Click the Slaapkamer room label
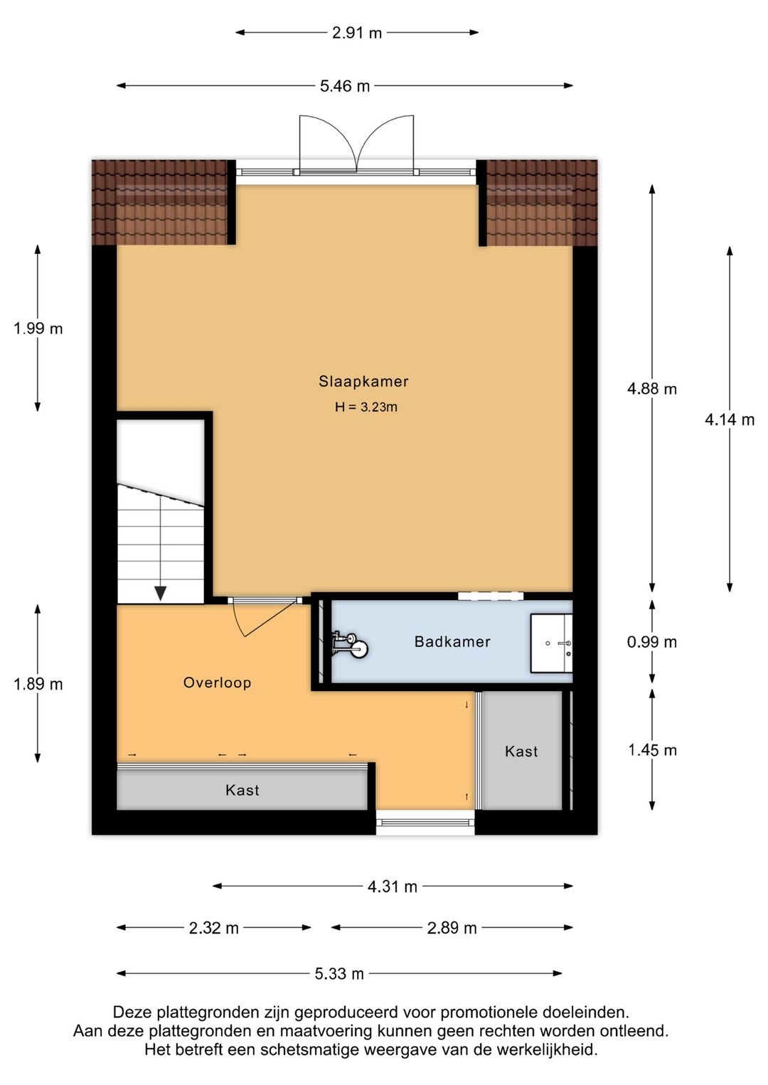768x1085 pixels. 363,382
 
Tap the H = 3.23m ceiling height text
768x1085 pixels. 366,407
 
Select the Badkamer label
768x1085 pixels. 452,642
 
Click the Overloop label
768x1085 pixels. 217,683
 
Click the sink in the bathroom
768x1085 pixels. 551,643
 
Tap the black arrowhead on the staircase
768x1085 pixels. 161,593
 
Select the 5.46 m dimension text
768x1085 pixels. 344,86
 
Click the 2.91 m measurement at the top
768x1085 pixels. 357,33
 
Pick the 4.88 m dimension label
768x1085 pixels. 651,388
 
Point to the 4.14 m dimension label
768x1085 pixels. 729,419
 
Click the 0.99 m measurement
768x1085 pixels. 651,642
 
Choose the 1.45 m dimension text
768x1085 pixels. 652,750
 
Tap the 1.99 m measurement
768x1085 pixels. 38,329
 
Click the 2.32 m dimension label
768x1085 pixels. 213,928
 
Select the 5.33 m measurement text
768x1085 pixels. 339,973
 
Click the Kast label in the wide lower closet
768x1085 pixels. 242,790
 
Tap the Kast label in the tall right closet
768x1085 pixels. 521,752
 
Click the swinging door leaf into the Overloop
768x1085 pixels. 271,618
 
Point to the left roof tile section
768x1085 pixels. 160,202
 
